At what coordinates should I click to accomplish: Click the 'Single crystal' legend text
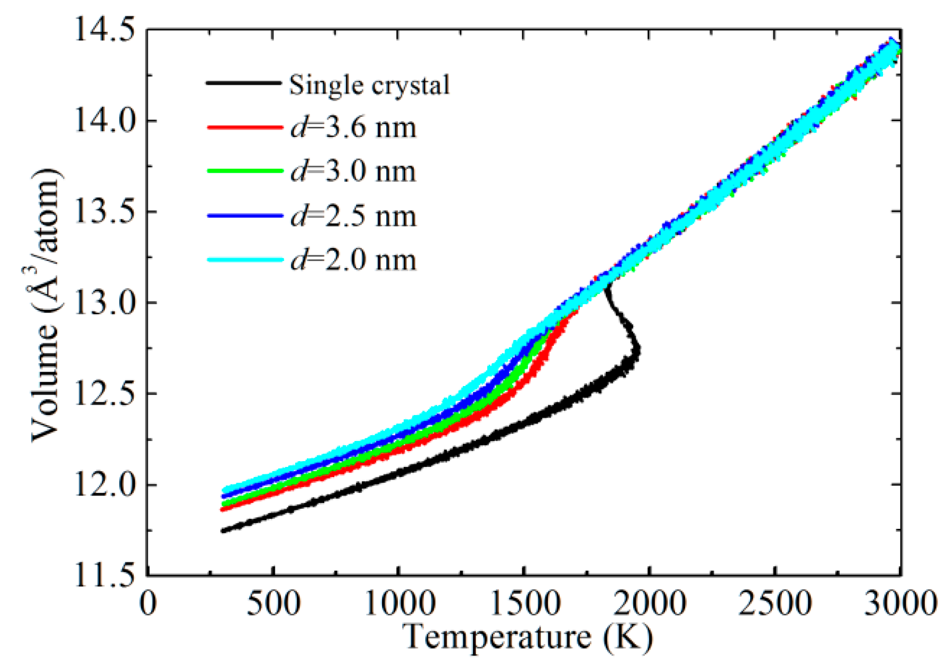coord(369,85)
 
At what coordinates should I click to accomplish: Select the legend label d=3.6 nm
coord(353,128)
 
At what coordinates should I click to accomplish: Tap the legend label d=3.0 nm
coord(353,172)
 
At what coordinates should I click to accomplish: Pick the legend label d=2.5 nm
coord(353,216)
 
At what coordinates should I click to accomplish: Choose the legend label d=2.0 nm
coord(353,260)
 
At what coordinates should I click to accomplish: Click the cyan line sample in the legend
coord(244,260)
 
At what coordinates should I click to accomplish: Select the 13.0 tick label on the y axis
coord(104,303)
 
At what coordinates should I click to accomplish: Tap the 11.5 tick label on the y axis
coord(104,575)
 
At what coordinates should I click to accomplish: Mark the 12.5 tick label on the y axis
coord(104,394)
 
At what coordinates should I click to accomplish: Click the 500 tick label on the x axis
coord(274,603)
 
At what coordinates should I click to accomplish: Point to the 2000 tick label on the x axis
coord(649,603)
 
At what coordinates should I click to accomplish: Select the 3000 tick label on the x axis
coord(899,603)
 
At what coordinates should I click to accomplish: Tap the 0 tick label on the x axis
coord(148,603)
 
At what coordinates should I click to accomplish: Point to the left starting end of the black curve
coord(223,530)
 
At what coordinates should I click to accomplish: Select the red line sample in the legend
coord(244,127)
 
